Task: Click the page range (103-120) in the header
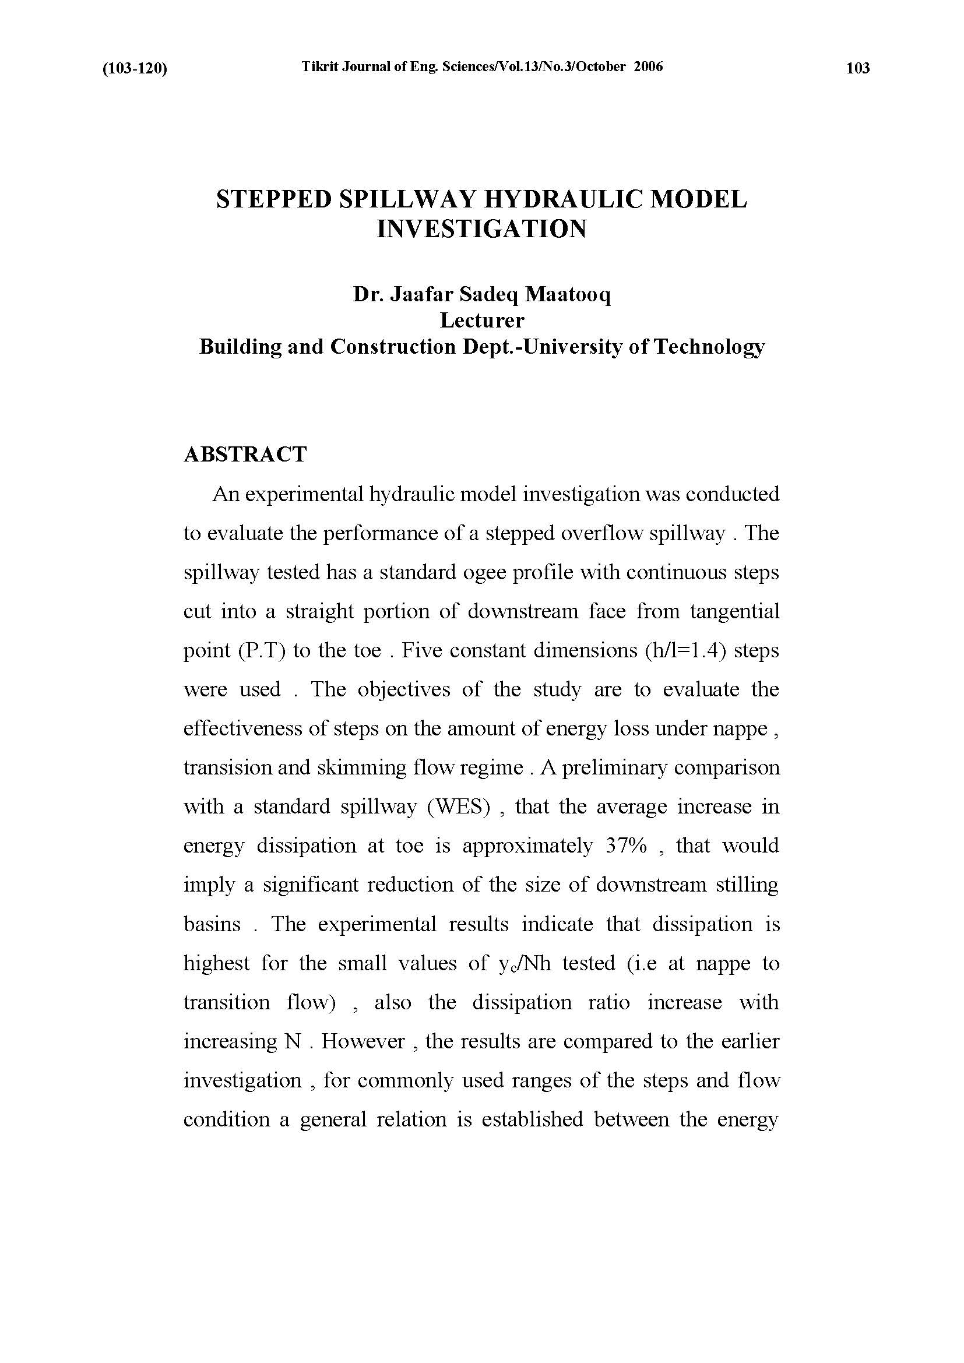coord(135,69)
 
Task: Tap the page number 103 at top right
coord(858,68)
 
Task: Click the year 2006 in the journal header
coord(648,66)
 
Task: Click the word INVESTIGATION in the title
coord(481,229)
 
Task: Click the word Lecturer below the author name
coord(481,321)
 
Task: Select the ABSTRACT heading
coord(245,455)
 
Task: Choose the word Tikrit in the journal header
coord(319,66)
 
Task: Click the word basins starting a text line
coord(212,924)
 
